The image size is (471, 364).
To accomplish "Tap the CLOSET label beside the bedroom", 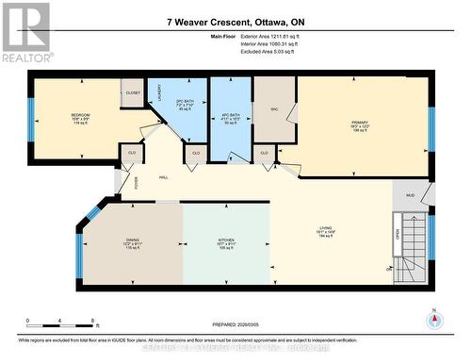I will point(132,93).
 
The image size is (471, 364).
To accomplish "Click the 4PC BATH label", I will point(231,116).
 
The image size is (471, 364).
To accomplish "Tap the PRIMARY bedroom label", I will point(361,123).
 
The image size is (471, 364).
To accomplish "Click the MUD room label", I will point(410,196).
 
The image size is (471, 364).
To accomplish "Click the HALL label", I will point(163,176).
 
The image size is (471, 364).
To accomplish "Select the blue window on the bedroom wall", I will point(31,115).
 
